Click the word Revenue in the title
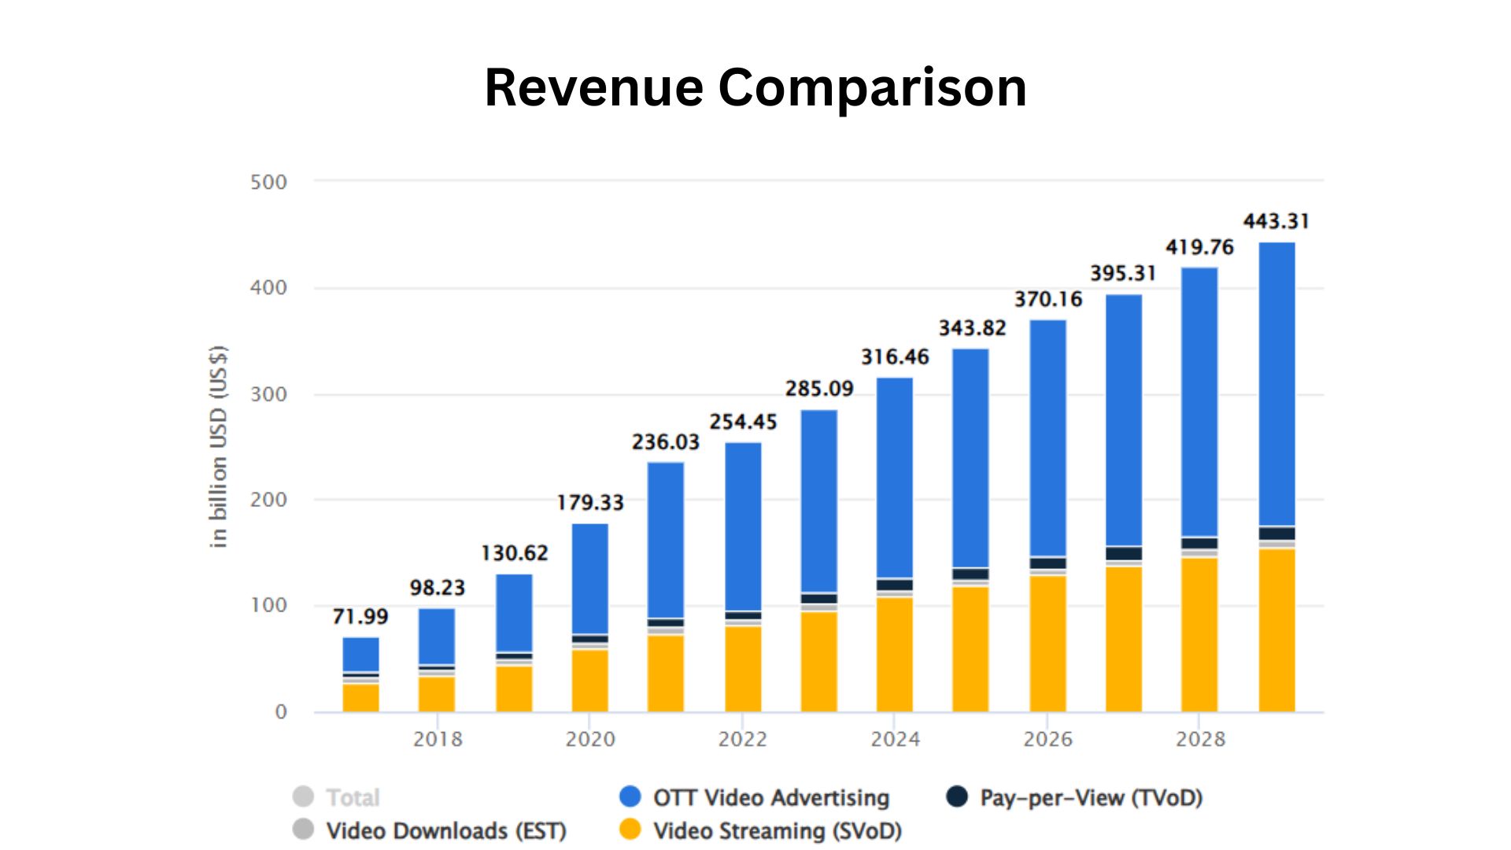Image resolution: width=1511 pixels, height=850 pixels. pos(593,87)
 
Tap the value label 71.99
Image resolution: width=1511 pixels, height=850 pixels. pos(360,616)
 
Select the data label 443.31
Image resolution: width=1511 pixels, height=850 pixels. pos(1276,221)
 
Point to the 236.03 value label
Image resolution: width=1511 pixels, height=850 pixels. pos(665,442)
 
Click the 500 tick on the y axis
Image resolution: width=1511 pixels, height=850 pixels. pos(268,183)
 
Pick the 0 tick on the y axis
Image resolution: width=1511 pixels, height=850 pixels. pos(281,712)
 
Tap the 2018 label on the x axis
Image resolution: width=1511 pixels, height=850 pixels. pos(438,739)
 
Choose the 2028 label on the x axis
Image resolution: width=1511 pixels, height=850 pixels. pos(1200,739)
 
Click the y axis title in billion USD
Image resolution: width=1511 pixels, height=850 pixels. pos(219,446)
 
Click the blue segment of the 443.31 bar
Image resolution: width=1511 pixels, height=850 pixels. pos(1276,383)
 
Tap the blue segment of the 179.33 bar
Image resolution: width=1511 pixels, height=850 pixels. pos(589,578)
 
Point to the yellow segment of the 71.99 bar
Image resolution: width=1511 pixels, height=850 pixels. pos(360,697)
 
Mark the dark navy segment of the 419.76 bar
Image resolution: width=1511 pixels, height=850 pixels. pos(1199,543)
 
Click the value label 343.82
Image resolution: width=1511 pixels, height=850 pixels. pos(972,328)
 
